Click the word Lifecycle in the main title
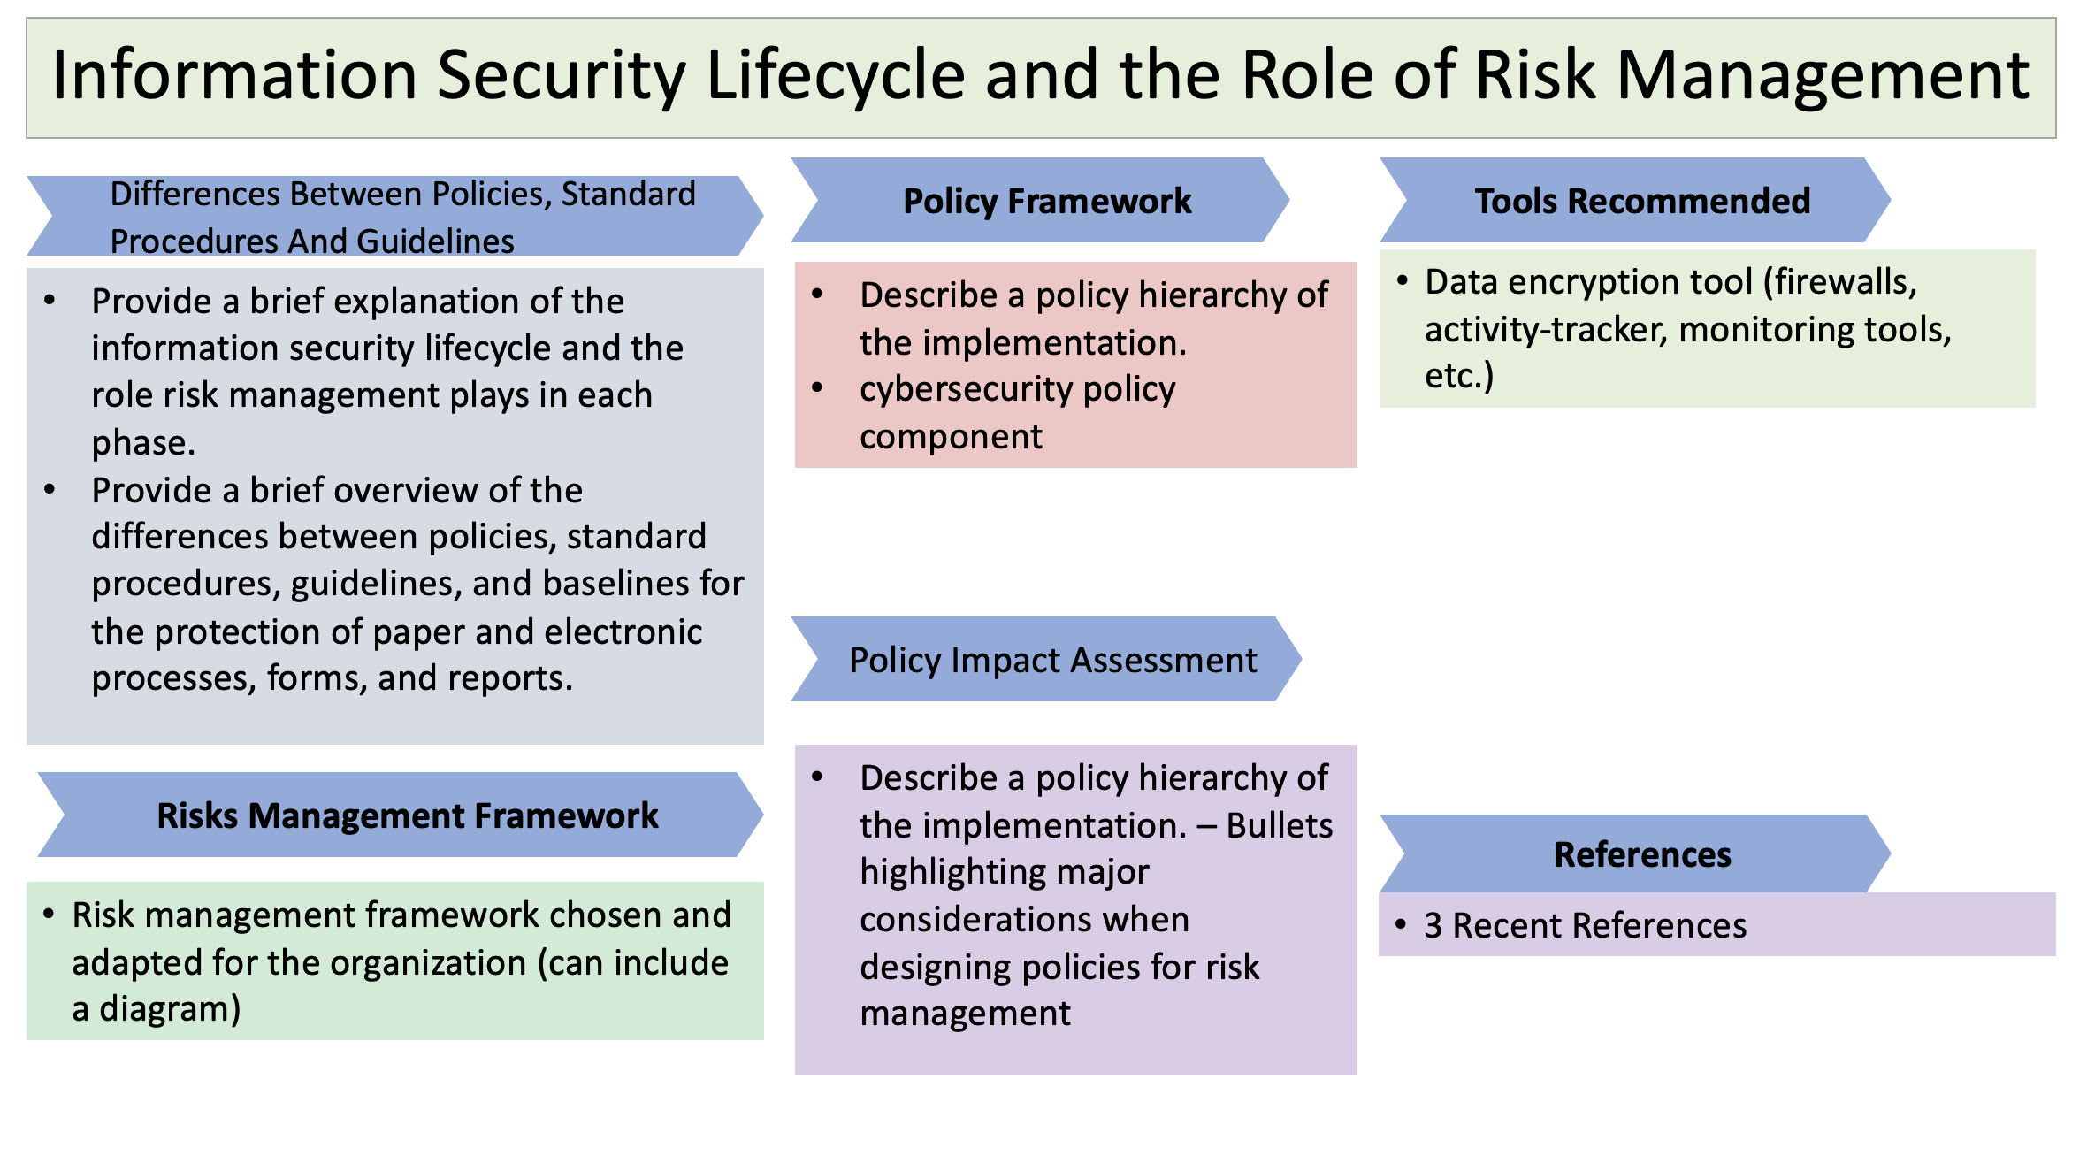835,76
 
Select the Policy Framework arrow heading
1040,200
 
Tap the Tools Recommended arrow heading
1635,200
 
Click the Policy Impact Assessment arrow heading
1046,659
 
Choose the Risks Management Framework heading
400,815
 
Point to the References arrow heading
1635,853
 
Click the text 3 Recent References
1586,925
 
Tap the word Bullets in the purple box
1280,825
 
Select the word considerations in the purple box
1025,920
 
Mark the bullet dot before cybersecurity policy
817,387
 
